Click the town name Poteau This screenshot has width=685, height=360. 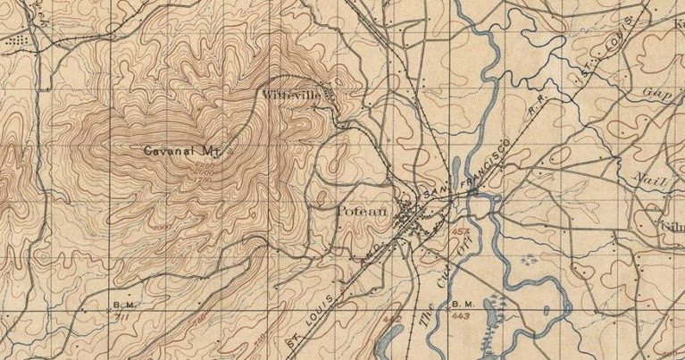(x=362, y=212)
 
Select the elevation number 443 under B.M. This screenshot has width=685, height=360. (x=462, y=316)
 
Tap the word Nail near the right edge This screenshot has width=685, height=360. (x=647, y=178)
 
